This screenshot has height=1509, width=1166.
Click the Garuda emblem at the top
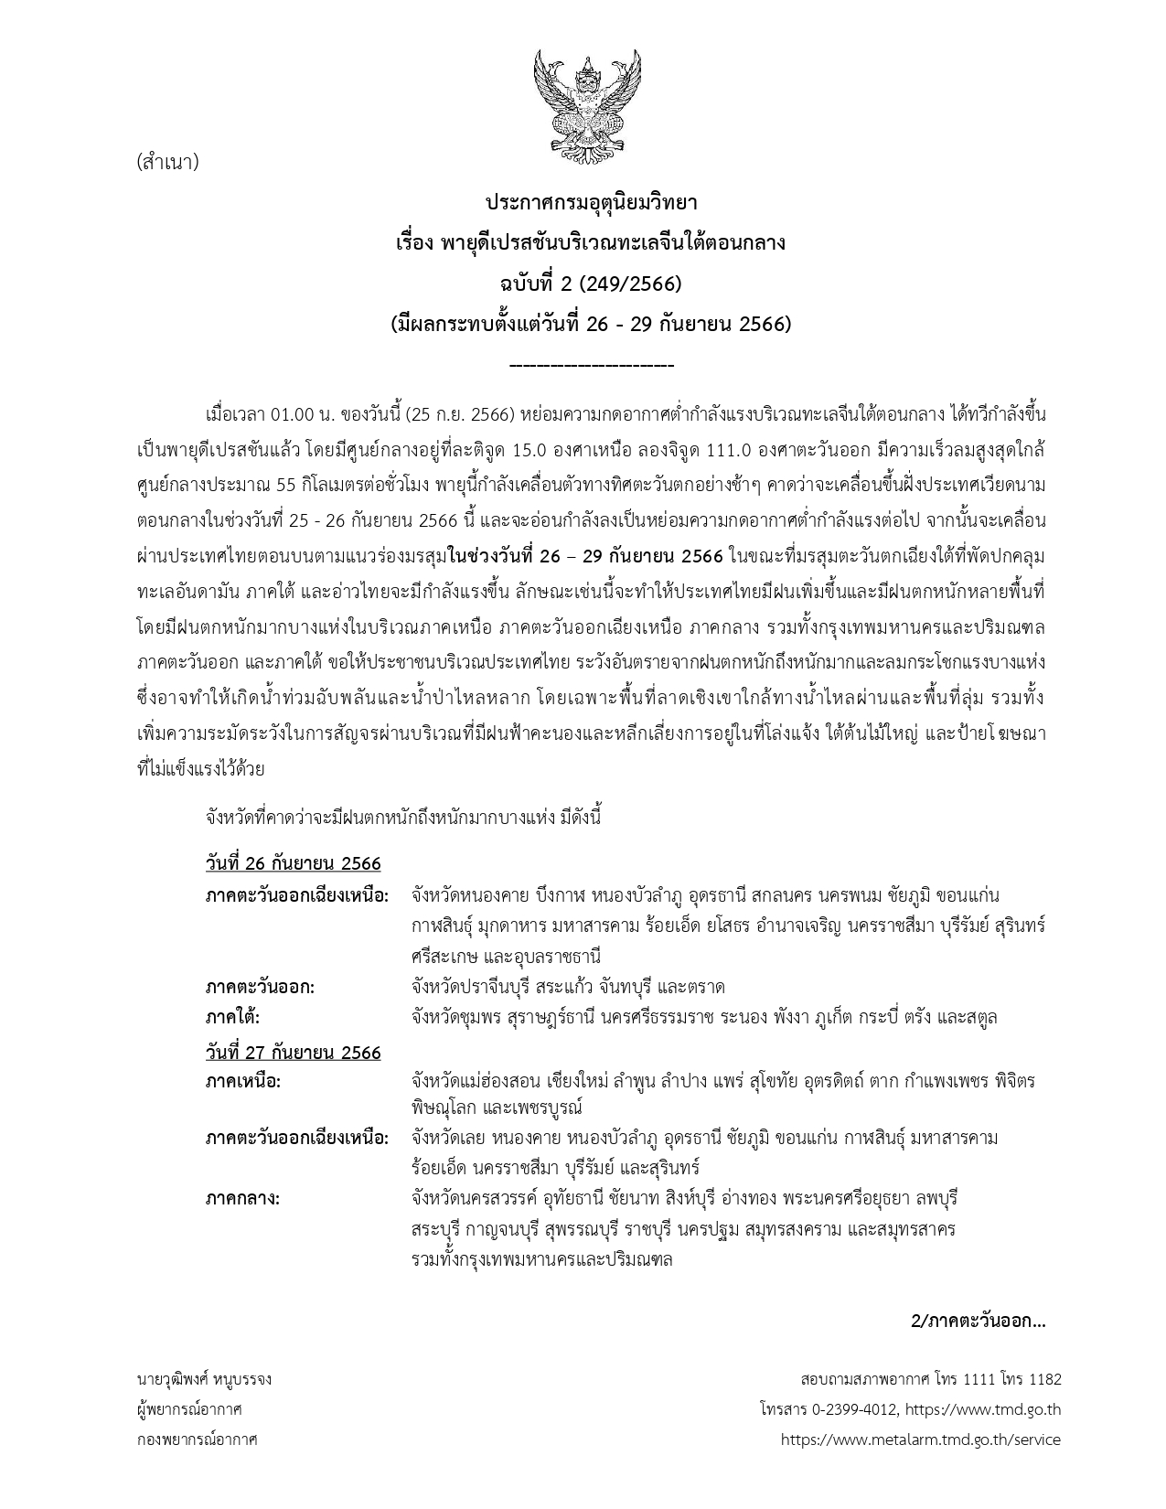[583, 102]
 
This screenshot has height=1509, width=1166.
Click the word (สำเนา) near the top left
[166, 163]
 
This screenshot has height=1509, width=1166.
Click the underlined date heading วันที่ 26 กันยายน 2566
[293, 863]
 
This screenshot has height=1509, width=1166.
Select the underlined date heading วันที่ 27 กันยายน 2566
[293, 1053]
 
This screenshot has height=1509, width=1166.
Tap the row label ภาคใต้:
[233, 1017]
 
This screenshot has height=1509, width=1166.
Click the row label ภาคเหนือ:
[243, 1082]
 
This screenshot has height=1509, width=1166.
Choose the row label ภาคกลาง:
[242, 1198]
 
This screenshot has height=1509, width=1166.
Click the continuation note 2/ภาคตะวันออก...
[978, 1321]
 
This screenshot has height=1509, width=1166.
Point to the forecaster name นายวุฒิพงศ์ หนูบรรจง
[203, 1378]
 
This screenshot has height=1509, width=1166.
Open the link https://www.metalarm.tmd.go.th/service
[920, 1439]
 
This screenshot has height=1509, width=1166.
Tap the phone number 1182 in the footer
[1044, 1378]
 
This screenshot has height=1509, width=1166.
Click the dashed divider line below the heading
[591, 367]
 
